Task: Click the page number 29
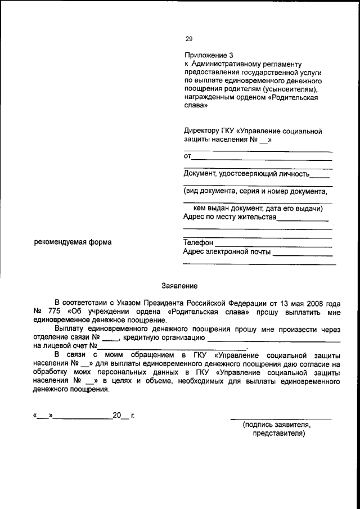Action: (x=189, y=39)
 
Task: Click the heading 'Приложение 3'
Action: (x=208, y=56)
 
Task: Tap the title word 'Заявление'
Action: (x=179, y=286)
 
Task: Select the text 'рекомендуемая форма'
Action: (x=73, y=242)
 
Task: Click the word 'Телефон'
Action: (x=199, y=242)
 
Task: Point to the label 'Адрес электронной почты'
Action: (x=227, y=252)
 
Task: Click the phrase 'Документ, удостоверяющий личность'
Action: (x=246, y=174)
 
